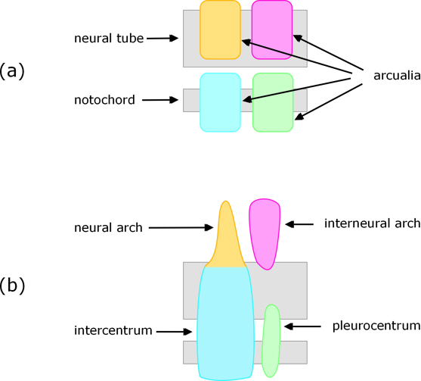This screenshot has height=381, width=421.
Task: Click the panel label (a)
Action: [x=13, y=71]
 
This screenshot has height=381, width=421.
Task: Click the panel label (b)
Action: [x=13, y=286]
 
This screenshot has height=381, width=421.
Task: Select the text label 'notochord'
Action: [x=105, y=99]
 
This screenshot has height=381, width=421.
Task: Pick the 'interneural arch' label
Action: [x=372, y=223]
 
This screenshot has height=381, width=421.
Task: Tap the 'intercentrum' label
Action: [x=109, y=331]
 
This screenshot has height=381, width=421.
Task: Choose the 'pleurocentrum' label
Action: [x=376, y=326]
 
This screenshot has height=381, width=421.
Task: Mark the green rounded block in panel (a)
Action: [x=272, y=102]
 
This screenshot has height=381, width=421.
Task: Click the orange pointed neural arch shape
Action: [x=224, y=239]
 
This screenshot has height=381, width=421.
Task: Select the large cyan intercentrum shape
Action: [x=224, y=322]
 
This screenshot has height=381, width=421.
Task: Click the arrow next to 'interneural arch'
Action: [x=301, y=223]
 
